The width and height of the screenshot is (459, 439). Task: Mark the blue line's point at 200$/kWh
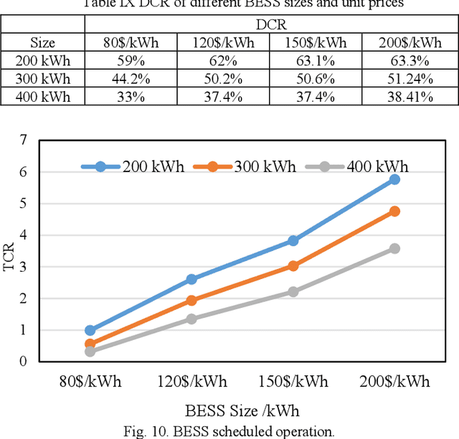coord(394,179)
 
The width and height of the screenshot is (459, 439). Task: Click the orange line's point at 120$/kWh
coord(191,301)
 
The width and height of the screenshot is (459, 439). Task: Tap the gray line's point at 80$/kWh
coord(90,351)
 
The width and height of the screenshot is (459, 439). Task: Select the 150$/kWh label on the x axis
coord(293,382)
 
